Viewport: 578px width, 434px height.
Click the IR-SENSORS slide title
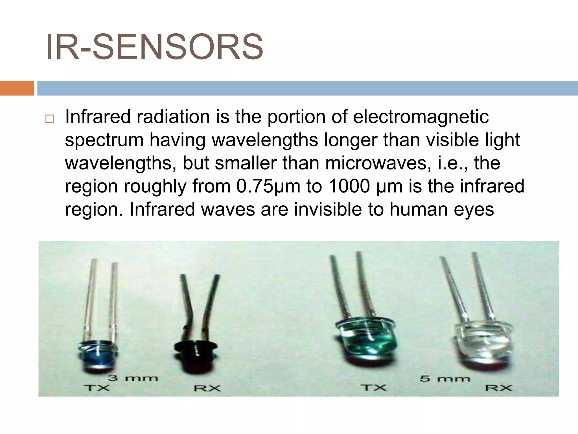tap(154, 47)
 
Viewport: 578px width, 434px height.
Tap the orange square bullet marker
tap(49, 119)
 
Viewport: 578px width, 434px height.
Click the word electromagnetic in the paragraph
tap(421, 117)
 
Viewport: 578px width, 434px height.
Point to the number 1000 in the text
tap(349, 186)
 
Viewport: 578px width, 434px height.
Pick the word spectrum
tap(104, 140)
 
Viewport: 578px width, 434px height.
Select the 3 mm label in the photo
tap(133, 378)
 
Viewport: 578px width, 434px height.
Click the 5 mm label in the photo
tap(445, 378)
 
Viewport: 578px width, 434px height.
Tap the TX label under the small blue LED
tap(97, 388)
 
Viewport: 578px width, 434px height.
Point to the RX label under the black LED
tap(207, 388)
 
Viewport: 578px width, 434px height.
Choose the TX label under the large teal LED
tap(373, 387)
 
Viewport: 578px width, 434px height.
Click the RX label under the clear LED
tap(498, 388)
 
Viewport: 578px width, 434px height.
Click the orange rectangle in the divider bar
tap(17, 88)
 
